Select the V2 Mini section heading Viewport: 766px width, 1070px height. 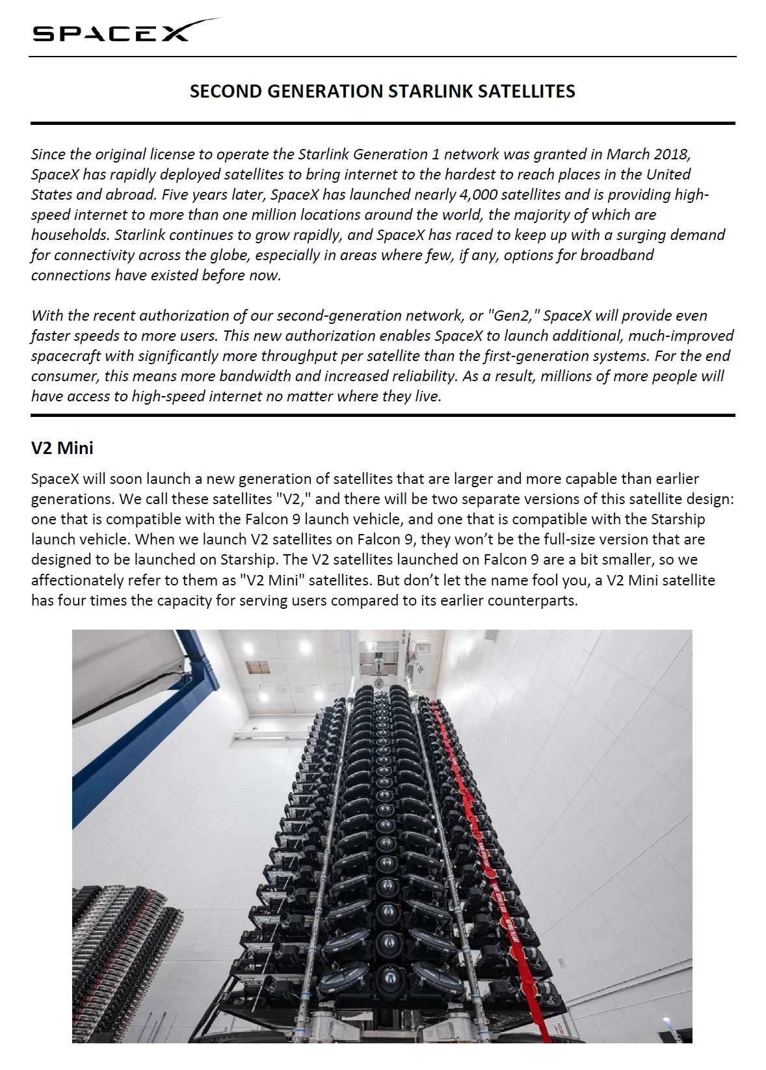click(62, 448)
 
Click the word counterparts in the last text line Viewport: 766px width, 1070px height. click(536, 600)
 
